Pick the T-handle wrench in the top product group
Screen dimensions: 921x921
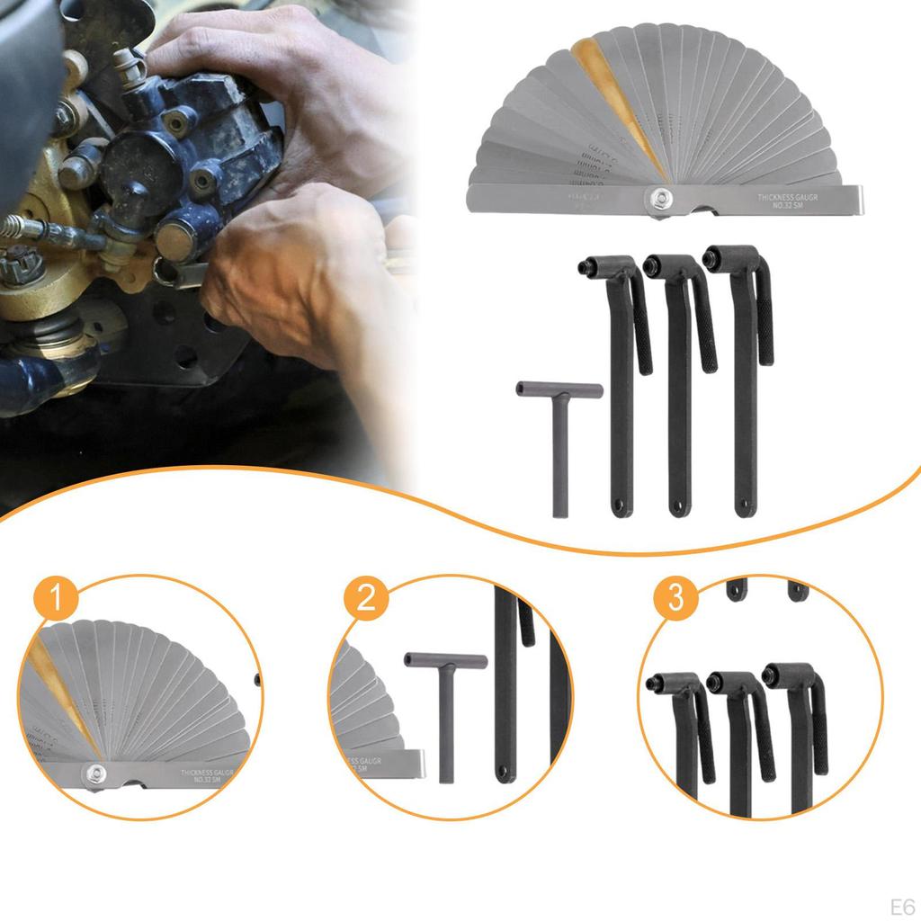559,432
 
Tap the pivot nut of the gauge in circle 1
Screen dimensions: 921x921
94,773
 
